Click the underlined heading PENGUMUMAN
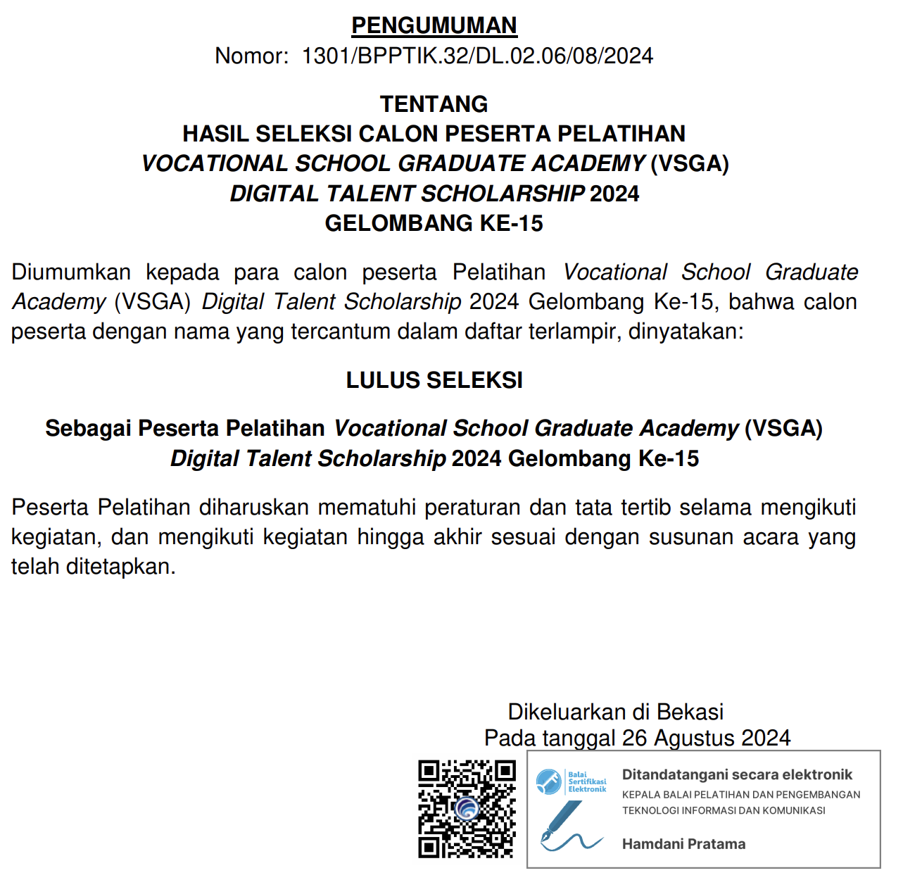point(434,26)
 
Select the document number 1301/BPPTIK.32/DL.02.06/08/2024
point(477,56)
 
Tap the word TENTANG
point(434,104)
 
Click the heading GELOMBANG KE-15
point(434,223)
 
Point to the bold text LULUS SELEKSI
point(434,380)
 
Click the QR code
point(467,809)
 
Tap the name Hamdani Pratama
point(683,844)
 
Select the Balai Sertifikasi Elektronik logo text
point(587,782)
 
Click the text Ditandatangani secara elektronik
point(737,775)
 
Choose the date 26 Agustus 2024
point(706,738)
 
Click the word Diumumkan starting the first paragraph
point(71,272)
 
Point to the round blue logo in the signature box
point(549,781)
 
